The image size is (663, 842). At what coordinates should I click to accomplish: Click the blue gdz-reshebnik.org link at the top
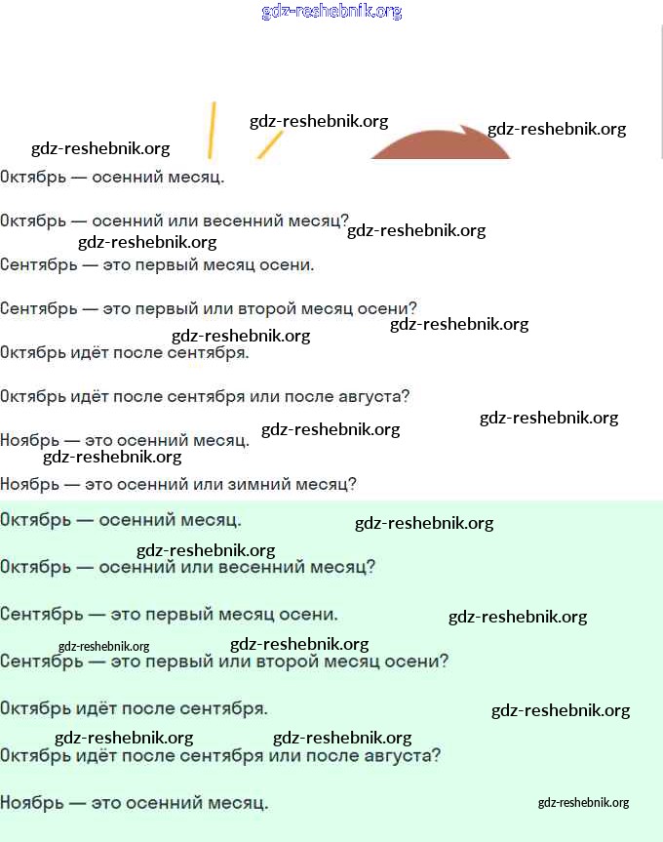click(x=331, y=12)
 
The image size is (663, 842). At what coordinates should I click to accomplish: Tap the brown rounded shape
click(x=441, y=147)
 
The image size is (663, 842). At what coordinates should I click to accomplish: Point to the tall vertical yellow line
click(x=211, y=129)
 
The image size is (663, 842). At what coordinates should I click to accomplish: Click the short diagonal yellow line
click(x=269, y=144)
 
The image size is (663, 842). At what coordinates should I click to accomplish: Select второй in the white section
click(x=270, y=309)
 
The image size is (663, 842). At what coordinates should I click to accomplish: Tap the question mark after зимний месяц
click(x=352, y=484)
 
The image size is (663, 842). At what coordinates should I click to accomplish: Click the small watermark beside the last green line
click(x=583, y=803)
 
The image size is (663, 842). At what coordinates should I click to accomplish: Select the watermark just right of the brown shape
click(x=556, y=129)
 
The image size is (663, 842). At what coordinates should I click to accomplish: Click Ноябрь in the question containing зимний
click(x=26, y=484)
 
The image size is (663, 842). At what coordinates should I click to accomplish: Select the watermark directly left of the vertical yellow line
click(x=100, y=148)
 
